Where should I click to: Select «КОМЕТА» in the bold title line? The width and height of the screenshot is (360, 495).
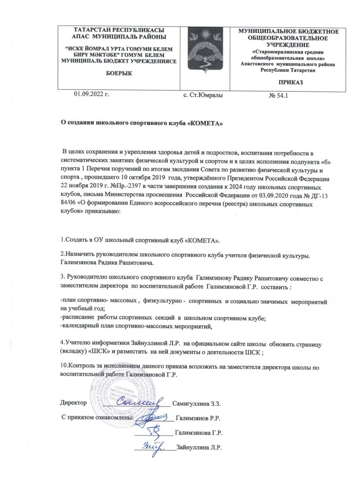(205, 123)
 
